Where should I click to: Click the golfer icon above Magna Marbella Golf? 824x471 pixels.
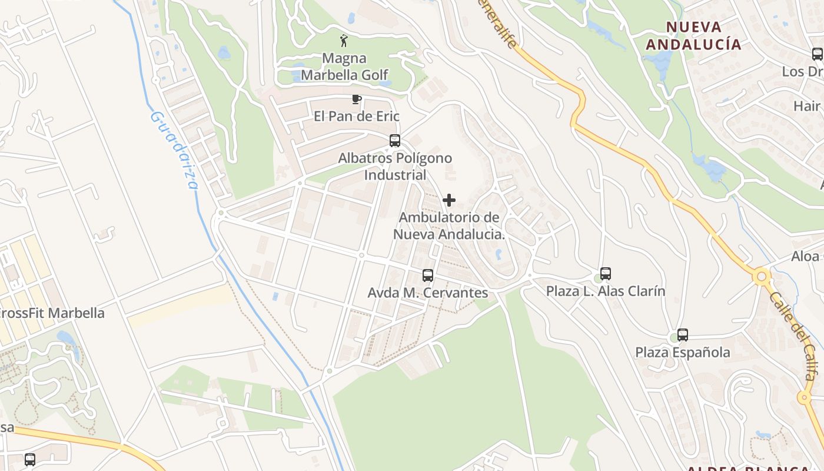click(344, 41)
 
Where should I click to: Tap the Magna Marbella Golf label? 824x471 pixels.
click(345, 67)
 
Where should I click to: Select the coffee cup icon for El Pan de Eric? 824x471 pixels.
click(356, 99)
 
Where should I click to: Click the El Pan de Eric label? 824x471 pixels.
click(357, 116)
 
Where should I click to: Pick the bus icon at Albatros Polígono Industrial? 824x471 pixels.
click(395, 141)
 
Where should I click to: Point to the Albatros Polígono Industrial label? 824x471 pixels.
click(395, 167)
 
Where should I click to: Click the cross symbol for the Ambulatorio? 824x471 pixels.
click(449, 200)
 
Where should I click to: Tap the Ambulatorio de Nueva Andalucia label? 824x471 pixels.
click(449, 225)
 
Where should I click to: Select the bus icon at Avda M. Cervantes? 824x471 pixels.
click(428, 275)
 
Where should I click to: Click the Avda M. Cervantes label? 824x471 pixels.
click(428, 293)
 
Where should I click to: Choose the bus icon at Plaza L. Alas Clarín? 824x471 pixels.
click(606, 274)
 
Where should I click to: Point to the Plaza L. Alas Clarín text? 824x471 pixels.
click(606, 291)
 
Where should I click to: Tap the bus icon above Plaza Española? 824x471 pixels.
click(683, 335)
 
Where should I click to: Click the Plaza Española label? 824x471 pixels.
click(683, 353)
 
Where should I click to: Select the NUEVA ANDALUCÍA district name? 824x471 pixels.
click(693, 35)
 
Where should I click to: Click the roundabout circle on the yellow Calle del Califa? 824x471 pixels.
click(761, 276)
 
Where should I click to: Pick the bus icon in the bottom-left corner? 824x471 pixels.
click(30, 459)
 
